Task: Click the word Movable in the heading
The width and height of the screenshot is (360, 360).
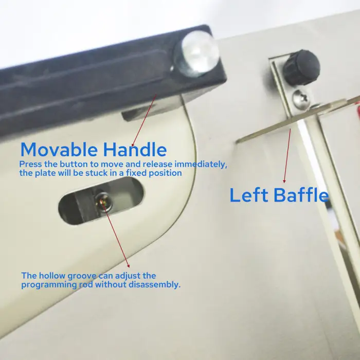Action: click(x=59, y=150)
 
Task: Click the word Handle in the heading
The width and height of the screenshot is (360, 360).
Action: click(x=135, y=150)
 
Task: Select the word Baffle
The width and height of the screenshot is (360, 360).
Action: click(x=301, y=195)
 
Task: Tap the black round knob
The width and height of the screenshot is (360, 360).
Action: click(x=301, y=67)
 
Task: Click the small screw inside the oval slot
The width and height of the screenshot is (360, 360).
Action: click(x=103, y=202)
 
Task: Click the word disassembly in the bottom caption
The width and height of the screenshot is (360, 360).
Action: click(x=154, y=285)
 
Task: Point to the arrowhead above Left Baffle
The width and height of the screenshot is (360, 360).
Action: click(x=284, y=181)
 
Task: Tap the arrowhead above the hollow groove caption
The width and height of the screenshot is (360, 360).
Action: click(x=129, y=266)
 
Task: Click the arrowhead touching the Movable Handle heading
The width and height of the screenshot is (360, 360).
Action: click(x=133, y=146)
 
